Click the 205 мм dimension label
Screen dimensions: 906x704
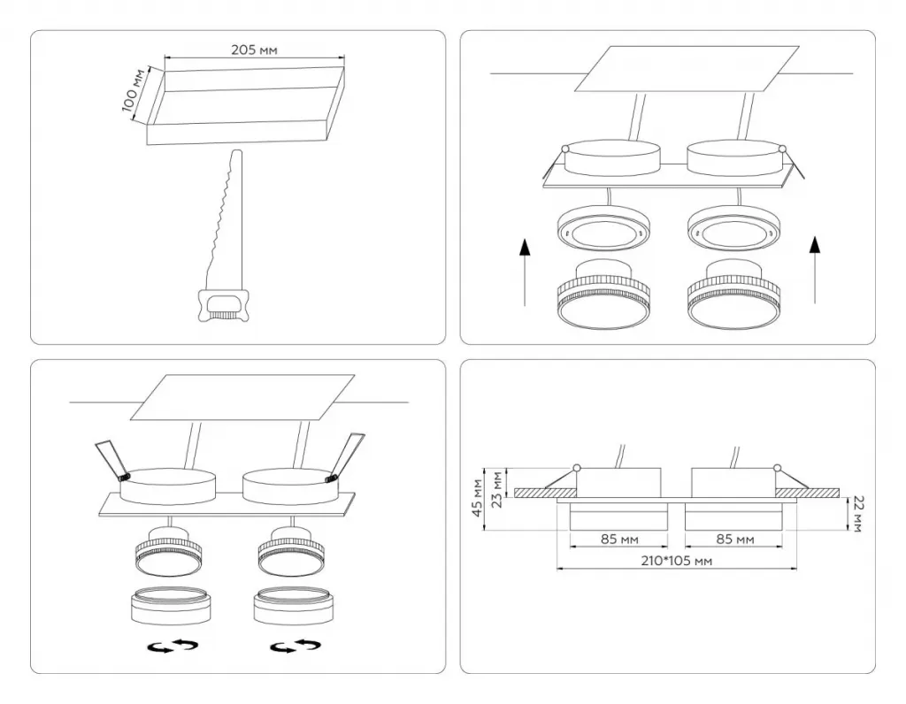pyautogui.click(x=254, y=50)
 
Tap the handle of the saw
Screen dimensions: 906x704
pyautogui.click(x=223, y=305)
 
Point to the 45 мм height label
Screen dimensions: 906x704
pyautogui.click(x=477, y=498)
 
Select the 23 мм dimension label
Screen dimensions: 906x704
pyautogui.click(x=495, y=489)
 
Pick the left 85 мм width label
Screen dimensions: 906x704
pyautogui.click(x=619, y=539)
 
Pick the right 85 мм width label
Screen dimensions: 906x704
pyautogui.click(x=735, y=539)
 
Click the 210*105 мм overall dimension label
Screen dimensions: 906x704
pyautogui.click(x=677, y=561)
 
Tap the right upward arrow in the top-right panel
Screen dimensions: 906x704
pyautogui.click(x=815, y=269)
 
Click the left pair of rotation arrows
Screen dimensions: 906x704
pyautogui.click(x=173, y=647)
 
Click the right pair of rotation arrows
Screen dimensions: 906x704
pyautogui.click(x=296, y=647)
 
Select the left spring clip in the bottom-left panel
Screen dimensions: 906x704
pyautogui.click(x=112, y=461)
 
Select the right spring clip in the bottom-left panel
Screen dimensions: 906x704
pyautogui.click(x=346, y=456)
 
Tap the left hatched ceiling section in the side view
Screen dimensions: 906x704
pyautogui.click(x=545, y=493)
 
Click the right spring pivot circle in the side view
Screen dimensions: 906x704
pyautogui.click(x=777, y=468)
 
